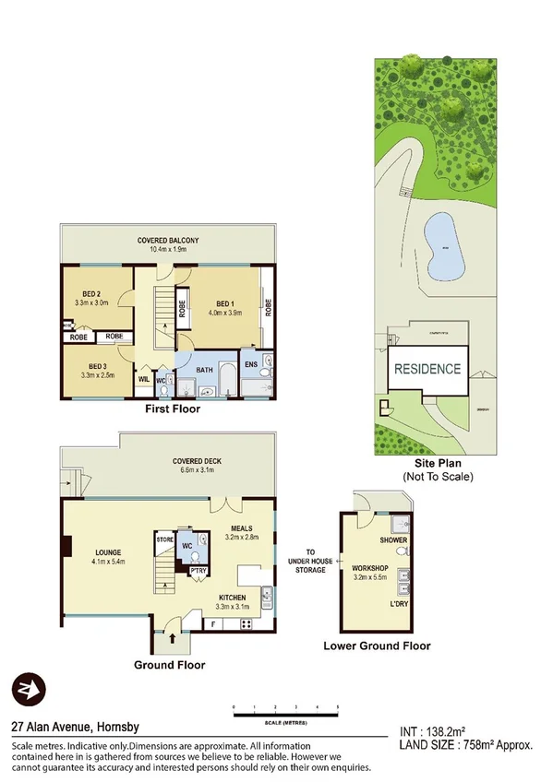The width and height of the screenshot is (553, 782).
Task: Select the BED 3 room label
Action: [x=91, y=368]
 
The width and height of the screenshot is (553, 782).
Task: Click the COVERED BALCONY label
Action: [x=168, y=241]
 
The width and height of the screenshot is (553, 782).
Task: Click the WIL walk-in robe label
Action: [x=145, y=379]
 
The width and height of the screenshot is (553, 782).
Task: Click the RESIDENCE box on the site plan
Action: [x=427, y=369]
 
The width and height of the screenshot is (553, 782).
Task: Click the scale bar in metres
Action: [x=285, y=714]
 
